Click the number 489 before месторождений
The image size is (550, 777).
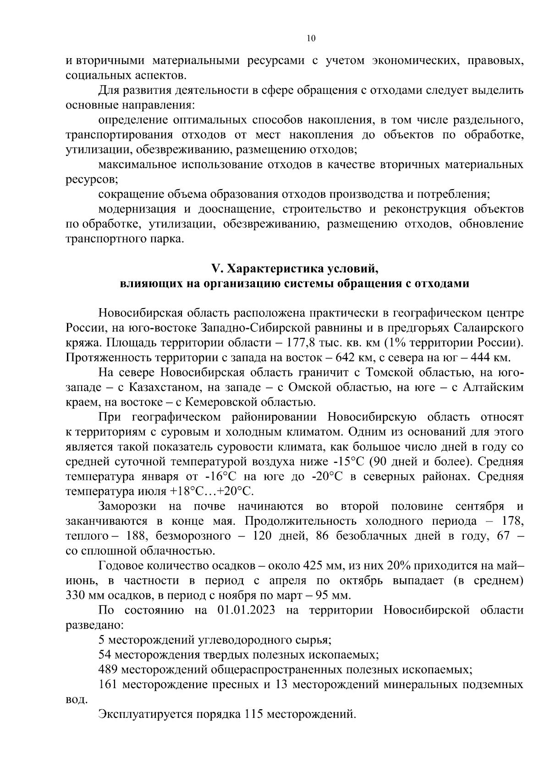point(108,670)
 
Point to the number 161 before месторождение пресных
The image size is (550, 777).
point(108,685)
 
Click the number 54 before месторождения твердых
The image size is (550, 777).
point(104,655)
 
